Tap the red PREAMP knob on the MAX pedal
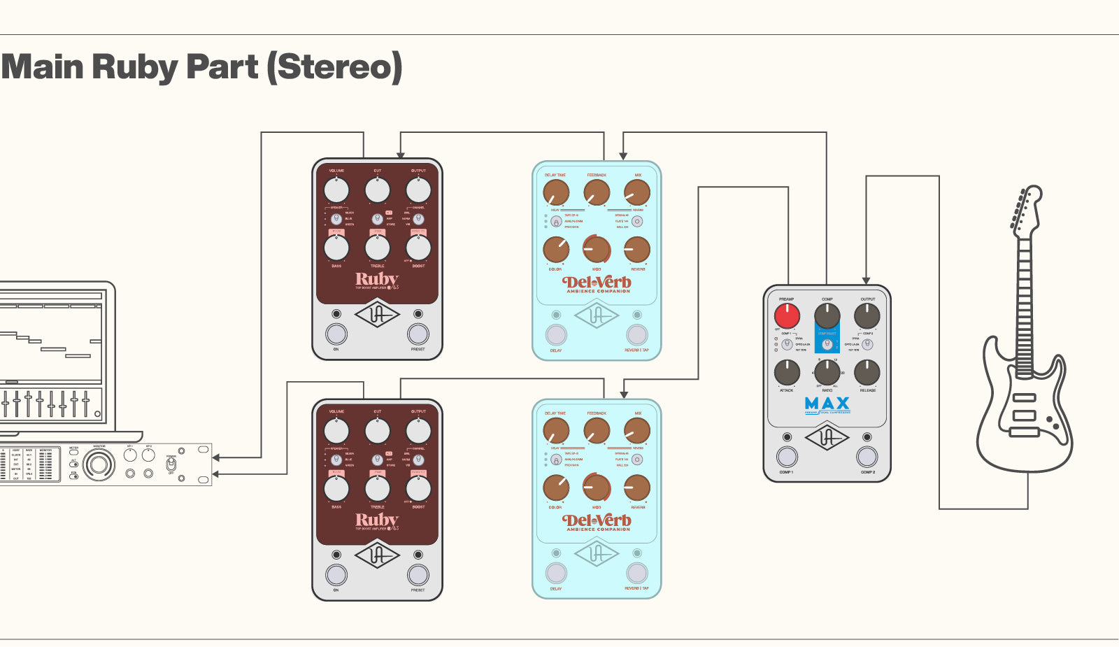tap(787, 316)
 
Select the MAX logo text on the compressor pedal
tap(827, 404)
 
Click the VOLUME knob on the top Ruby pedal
tap(336, 190)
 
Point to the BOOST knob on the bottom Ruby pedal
tap(418, 488)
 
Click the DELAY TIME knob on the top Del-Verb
tap(556, 192)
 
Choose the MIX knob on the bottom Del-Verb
tap(637, 431)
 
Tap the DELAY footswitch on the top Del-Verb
tap(556, 334)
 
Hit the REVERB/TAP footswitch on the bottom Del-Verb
tap(637, 573)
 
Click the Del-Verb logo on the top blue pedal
tap(597, 283)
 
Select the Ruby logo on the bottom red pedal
tap(376, 520)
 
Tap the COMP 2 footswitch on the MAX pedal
tap(867, 457)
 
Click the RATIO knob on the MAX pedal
tap(827, 372)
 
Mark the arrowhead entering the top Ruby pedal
tap(401, 155)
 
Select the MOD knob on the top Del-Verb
tap(597, 249)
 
